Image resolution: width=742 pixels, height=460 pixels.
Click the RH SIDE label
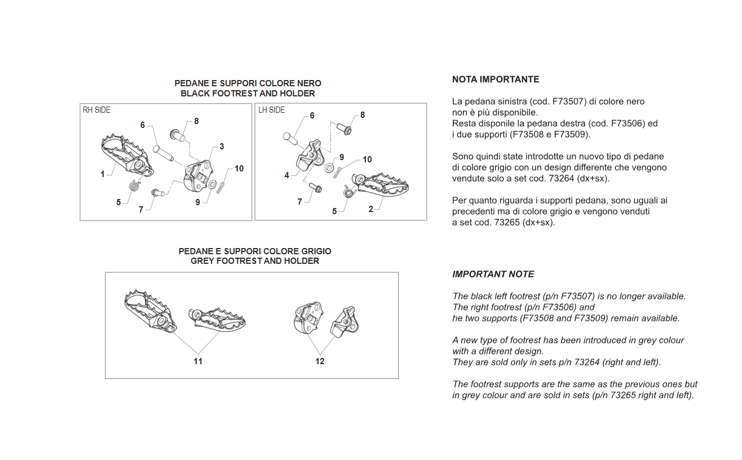tap(96, 110)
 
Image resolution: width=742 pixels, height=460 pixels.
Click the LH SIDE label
tap(272, 110)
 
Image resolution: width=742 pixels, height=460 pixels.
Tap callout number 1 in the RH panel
tap(103, 174)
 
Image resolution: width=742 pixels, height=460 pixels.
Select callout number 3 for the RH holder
tap(222, 147)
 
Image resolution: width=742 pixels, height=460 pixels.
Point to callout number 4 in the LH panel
tap(287, 175)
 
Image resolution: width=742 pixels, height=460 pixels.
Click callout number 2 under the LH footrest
tap(370, 209)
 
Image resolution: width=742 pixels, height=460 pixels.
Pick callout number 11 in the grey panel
tap(198, 361)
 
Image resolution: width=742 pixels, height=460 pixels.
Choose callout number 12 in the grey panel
tap(320, 361)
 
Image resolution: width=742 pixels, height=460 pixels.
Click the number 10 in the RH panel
tap(239, 169)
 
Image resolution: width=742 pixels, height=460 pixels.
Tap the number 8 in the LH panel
tap(363, 115)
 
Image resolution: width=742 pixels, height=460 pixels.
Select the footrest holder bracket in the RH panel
tap(198, 176)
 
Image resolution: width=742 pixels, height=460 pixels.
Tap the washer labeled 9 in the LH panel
tap(329, 167)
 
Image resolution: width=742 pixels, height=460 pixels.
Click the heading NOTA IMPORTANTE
tap(496, 79)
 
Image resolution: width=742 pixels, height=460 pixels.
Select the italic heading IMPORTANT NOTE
tap(493, 274)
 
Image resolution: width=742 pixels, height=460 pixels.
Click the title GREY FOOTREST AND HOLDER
tap(255, 261)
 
